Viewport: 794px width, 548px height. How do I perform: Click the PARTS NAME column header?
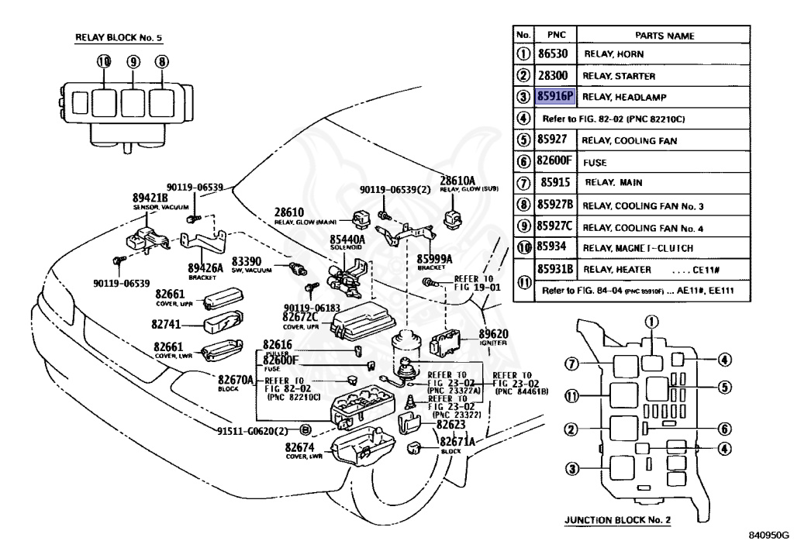665,35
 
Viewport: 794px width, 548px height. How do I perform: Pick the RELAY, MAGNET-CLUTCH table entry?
637,248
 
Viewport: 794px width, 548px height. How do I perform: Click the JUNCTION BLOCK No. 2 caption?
617,520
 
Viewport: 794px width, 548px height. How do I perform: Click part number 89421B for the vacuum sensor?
150,198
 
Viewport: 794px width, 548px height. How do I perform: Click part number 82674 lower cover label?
300,447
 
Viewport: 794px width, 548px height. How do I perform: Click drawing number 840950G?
768,535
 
